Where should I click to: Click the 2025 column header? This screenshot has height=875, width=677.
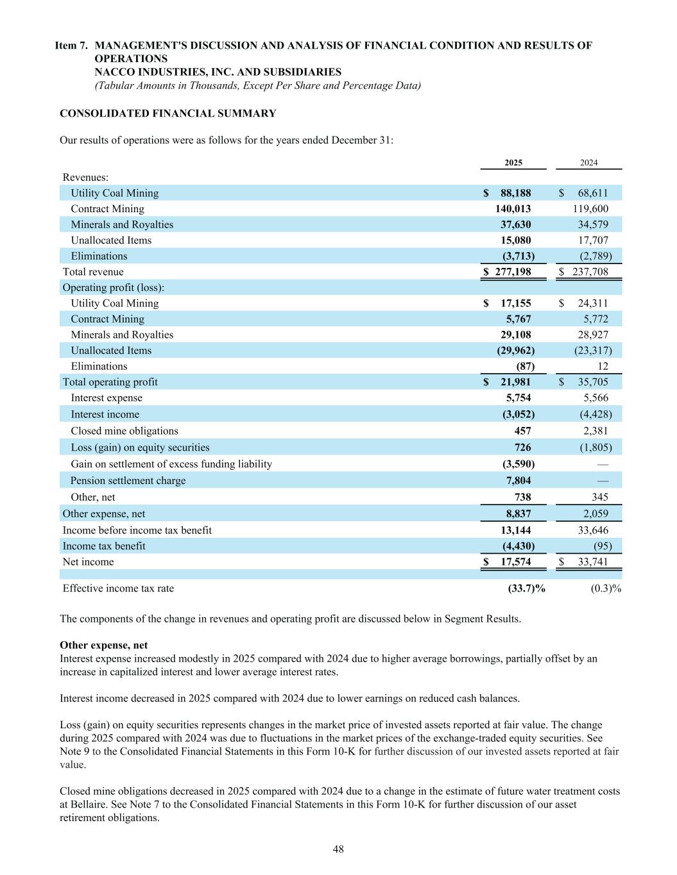(x=513, y=163)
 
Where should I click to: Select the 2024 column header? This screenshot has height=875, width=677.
(x=588, y=163)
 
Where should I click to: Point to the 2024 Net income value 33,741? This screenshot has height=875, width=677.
(x=590, y=562)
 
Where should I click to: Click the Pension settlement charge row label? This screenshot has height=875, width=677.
(x=128, y=481)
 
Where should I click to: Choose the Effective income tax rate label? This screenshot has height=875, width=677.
(x=118, y=588)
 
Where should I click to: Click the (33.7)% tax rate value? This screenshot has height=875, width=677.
(x=526, y=588)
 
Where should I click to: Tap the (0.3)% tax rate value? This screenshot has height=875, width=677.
(x=605, y=588)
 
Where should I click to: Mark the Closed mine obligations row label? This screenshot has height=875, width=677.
(x=124, y=431)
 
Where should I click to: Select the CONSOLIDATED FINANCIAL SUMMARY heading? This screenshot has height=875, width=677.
(x=167, y=113)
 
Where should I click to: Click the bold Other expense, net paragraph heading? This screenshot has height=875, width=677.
(x=103, y=646)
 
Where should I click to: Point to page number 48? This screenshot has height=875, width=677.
(x=338, y=849)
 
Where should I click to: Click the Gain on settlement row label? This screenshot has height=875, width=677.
(x=171, y=464)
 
